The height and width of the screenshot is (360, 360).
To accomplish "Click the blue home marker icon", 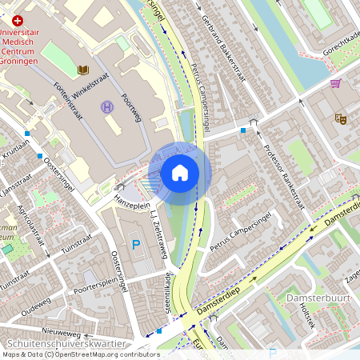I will (x=179, y=172).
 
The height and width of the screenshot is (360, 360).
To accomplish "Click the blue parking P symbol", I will (x=135, y=244).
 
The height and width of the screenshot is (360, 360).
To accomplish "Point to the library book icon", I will (x=83, y=70).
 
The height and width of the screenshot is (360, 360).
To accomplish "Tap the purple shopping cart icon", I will (x=335, y=82).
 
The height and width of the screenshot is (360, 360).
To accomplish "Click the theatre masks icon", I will (x=340, y=118).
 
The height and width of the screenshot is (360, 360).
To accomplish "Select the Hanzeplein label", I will (x=132, y=204).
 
